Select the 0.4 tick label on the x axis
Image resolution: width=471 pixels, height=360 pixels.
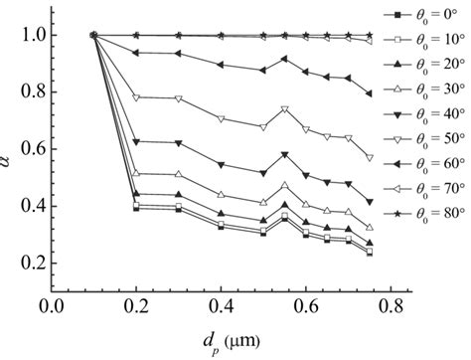tap(221, 307)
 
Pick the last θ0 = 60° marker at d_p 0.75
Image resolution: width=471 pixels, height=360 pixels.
tap(370, 93)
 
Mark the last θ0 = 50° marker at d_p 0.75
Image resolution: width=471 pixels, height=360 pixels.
tap(370, 158)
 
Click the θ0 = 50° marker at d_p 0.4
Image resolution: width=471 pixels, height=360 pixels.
tap(222, 120)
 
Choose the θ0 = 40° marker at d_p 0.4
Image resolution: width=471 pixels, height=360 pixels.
tap(222, 164)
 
